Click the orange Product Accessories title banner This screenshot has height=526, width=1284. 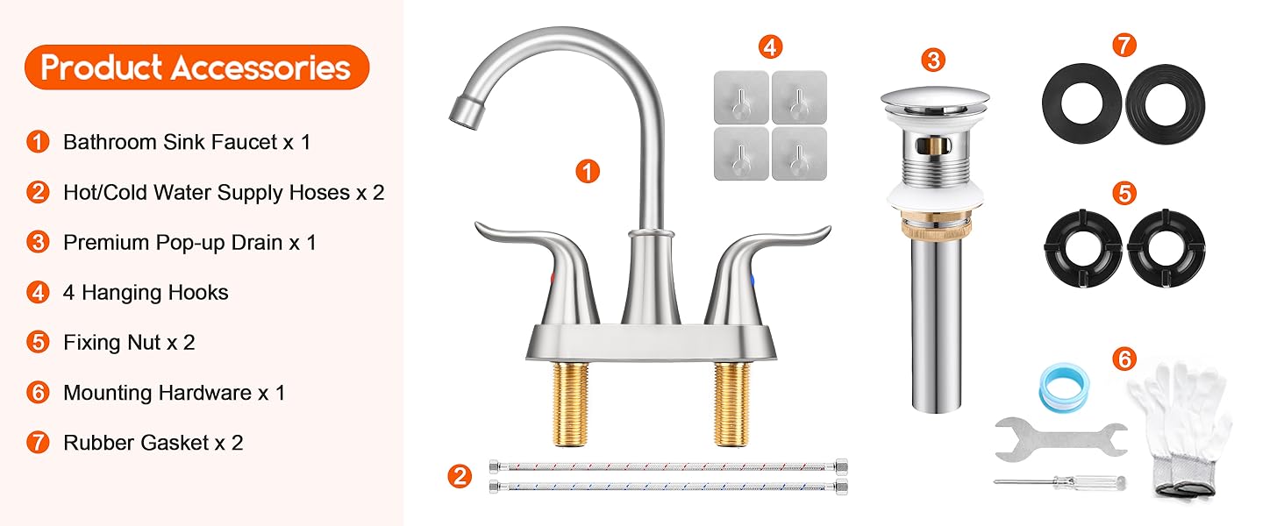point(196,68)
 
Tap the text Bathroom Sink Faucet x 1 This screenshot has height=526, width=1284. point(187,142)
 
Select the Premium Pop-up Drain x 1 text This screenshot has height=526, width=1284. point(189,243)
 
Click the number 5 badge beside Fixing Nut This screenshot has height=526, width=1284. point(38,342)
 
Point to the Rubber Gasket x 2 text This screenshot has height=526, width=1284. point(153,443)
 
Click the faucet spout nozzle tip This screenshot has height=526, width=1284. point(462,110)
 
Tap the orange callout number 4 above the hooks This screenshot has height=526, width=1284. point(770,46)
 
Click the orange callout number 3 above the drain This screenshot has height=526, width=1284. point(934,60)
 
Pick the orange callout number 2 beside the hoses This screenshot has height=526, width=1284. point(459,477)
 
